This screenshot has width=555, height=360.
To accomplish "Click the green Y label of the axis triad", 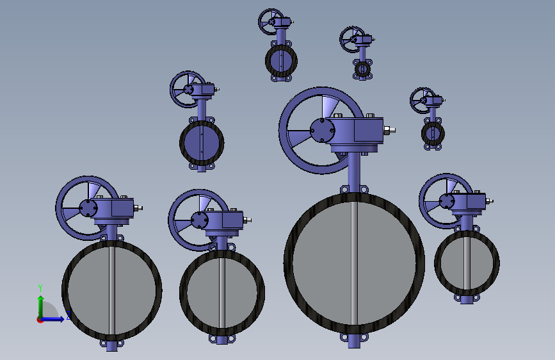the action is pyautogui.click(x=40, y=288).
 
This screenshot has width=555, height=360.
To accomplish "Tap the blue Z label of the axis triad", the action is pyautogui.click(x=68, y=315).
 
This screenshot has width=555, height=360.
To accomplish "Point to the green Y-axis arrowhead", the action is pyautogui.click(x=41, y=299).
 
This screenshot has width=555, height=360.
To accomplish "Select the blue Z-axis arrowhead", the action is pyautogui.click(x=61, y=319).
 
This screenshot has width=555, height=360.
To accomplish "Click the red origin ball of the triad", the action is pyautogui.click(x=40, y=320).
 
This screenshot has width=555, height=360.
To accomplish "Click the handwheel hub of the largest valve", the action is pyautogui.click(x=322, y=131).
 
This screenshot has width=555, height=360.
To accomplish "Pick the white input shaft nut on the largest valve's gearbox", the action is pyautogui.click(x=389, y=131).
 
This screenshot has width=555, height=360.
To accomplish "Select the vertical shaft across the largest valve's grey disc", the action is pyautogui.click(x=354, y=263).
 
